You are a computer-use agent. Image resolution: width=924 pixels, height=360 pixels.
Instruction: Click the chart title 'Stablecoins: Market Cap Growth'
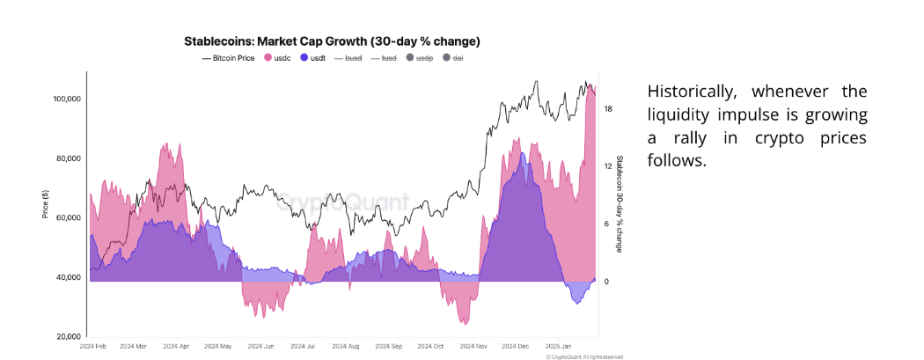click(332, 41)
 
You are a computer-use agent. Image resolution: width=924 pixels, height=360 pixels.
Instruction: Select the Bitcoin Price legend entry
click(231, 57)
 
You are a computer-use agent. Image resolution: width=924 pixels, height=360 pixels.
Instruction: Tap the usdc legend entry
click(281, 57)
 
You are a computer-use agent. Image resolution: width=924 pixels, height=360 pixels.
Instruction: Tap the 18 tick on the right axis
click(608, 109)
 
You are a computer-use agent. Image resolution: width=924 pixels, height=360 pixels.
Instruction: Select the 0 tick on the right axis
click(606, 282)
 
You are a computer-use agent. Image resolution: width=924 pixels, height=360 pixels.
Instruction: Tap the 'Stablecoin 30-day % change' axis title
click(620, 204)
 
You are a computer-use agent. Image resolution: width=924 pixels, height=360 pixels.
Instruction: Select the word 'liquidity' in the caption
click(682, 115)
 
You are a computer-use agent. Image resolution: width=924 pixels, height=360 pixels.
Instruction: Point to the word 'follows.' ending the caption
click(676, 162)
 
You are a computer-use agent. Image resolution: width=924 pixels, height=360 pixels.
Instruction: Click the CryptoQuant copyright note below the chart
click(583, 356)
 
